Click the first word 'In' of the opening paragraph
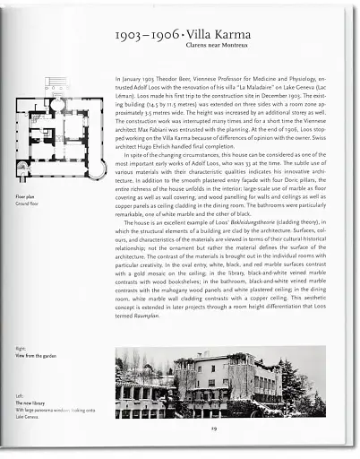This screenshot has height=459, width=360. (119, 80)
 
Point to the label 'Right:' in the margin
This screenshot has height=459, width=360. (21, 347)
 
